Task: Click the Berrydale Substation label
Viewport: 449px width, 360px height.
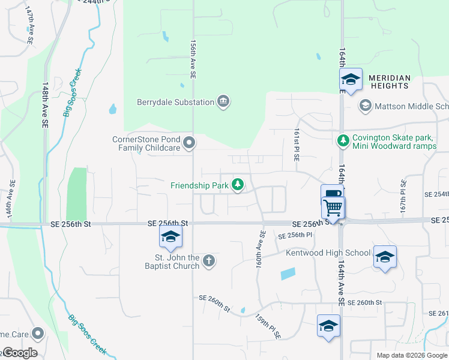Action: click(x=176, y=102)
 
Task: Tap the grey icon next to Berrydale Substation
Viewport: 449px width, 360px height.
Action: click(x=223, y=101)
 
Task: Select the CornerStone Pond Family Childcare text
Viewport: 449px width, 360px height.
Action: click(x=147, y=143)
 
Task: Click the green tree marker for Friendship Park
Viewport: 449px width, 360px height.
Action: click(x=238, y=185)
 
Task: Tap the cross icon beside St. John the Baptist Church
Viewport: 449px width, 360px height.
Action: click(x=208, y=260)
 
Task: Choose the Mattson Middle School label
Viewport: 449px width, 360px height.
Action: click(x=411, y=107)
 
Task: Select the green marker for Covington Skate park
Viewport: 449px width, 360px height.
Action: click(x=343, y=140)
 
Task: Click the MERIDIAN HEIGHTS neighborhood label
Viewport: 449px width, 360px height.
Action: click(x=390, y=82)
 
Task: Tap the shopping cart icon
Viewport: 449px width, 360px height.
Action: click(x=333, y=208)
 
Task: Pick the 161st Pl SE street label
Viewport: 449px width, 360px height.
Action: click(x=297, y=145)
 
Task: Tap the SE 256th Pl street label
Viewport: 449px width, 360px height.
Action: click(x=296, y=235)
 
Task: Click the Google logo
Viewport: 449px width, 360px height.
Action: click(x=20, y=353)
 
